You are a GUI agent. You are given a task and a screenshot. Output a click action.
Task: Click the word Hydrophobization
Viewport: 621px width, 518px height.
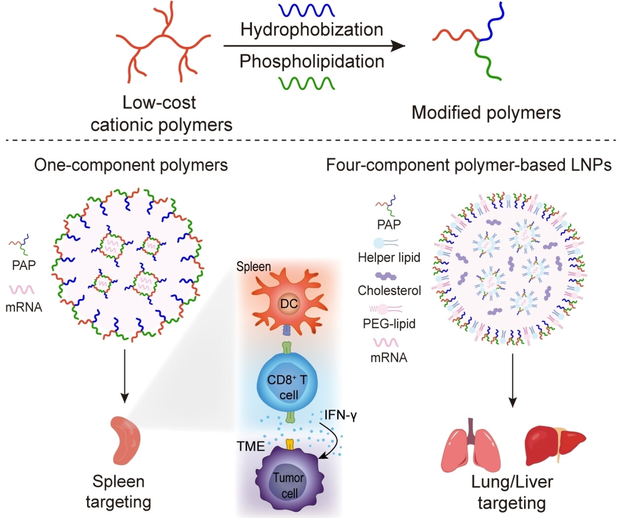click(x=311, y=30)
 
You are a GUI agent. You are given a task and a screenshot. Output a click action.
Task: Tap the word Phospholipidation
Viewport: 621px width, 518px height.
click(x=311, y=62)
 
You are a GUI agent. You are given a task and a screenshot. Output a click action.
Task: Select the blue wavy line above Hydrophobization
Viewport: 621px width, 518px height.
click(x=307, y=10)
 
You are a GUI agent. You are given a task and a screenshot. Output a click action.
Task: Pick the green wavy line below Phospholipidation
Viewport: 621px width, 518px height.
click(x=307, y=82)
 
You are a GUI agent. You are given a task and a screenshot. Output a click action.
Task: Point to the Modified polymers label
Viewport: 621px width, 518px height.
click(x=486, y=112)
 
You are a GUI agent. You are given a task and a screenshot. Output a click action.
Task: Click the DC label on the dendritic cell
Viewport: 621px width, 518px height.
click(x=289, y=303)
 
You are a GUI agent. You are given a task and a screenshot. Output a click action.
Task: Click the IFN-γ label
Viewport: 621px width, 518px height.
click(x=341, y=415)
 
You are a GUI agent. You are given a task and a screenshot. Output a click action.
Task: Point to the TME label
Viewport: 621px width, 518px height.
click(x=250, y=446)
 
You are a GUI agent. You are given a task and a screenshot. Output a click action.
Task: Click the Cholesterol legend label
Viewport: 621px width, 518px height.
click(x=389, y=291)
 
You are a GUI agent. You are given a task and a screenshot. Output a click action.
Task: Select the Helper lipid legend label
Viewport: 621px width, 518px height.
click(x=389, y=258)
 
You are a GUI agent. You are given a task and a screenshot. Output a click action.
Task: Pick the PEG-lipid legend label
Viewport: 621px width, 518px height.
click(x=389, y=324)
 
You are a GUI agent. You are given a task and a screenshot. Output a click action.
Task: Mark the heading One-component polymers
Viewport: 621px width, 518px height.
click(x=131, y=165)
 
